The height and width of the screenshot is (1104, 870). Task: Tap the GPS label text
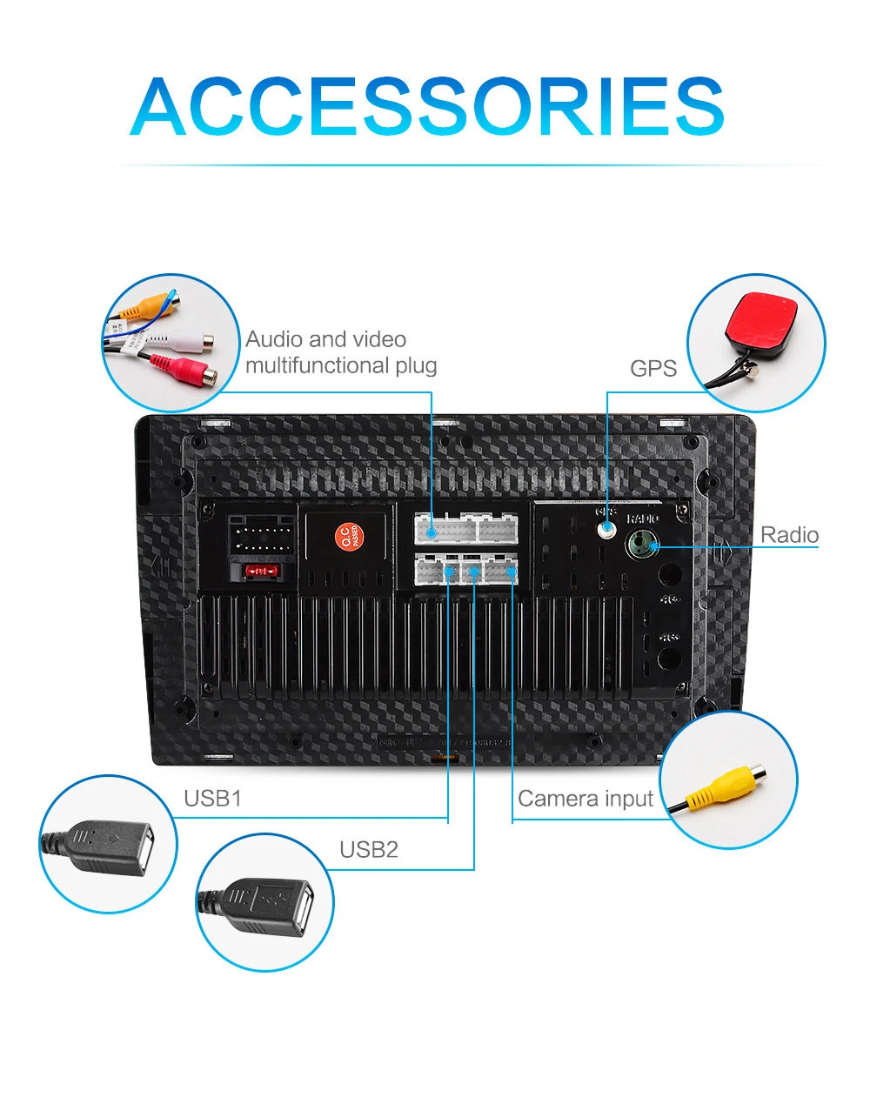[653, 368]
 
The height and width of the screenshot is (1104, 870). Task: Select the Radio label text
[790, 534]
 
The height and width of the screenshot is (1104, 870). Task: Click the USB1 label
[212, 798]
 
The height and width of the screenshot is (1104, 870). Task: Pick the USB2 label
[369, 849]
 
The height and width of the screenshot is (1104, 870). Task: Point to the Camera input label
[586, 798]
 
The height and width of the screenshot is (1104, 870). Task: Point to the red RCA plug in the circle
[184, 370]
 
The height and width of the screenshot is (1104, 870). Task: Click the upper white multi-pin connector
[465, 527]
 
